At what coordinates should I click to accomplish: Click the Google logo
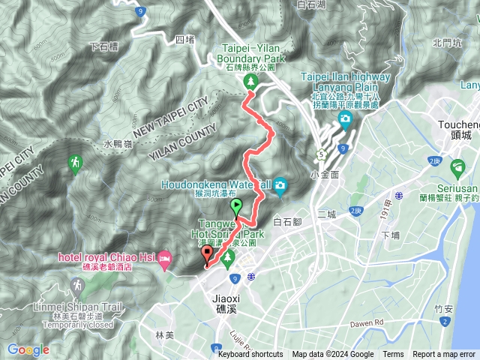point(28,349)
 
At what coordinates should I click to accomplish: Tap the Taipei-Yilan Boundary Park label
point(250,52)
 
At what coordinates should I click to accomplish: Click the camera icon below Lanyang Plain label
point(344,119)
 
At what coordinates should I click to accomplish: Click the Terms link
point(393,355)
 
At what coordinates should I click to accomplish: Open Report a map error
point(444,355)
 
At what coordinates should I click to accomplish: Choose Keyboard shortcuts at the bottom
point(250,355)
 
